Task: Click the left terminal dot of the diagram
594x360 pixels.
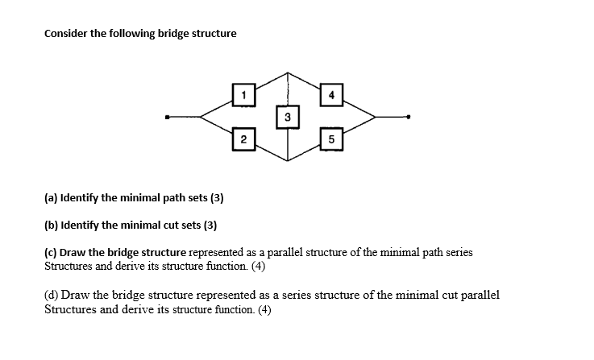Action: [x=168, y=118]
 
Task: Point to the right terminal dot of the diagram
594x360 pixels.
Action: [x=409, y=118]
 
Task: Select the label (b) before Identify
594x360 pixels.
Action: [x=52, y=225]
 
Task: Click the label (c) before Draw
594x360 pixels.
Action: [x=51, y=253]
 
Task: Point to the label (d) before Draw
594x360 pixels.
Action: [x=52, y=295]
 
